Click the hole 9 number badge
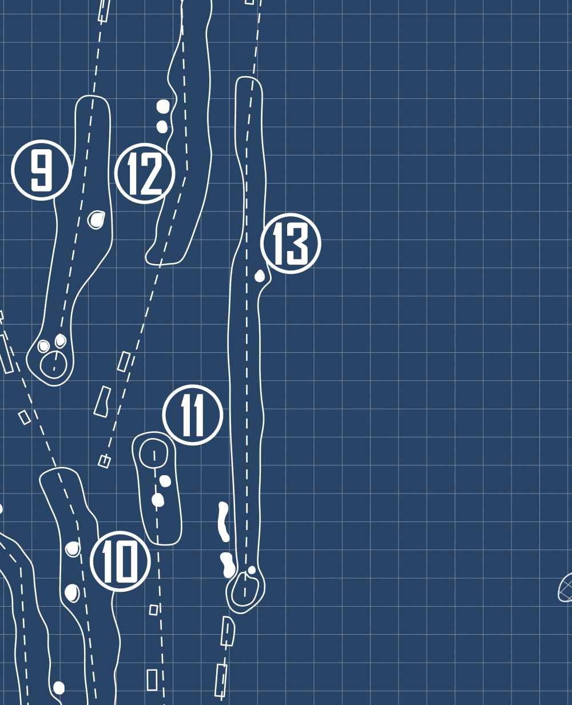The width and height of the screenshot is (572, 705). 41,170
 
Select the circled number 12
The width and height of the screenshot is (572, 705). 145,173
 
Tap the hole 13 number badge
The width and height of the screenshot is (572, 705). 291,244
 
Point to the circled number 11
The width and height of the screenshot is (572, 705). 193,415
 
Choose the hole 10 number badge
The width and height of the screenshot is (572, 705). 121,561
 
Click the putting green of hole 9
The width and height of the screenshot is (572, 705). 54,364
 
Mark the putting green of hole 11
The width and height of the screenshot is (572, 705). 153,453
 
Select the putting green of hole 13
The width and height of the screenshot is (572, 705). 245,589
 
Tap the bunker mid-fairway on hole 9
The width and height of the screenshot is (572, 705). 96,219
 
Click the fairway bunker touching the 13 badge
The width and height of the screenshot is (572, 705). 260,276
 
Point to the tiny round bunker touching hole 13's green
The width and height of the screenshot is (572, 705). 252,570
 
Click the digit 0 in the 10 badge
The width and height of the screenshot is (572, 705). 128,562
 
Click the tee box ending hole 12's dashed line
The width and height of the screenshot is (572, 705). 104,461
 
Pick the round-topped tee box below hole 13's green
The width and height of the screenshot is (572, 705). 228,631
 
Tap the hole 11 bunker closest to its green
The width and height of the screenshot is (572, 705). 165,481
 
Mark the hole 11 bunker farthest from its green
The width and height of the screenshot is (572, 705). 158,500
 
